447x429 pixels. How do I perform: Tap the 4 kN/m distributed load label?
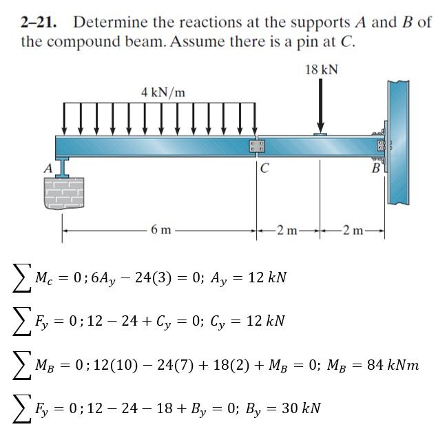[163, 92]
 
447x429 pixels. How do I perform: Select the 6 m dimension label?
[160, 229]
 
